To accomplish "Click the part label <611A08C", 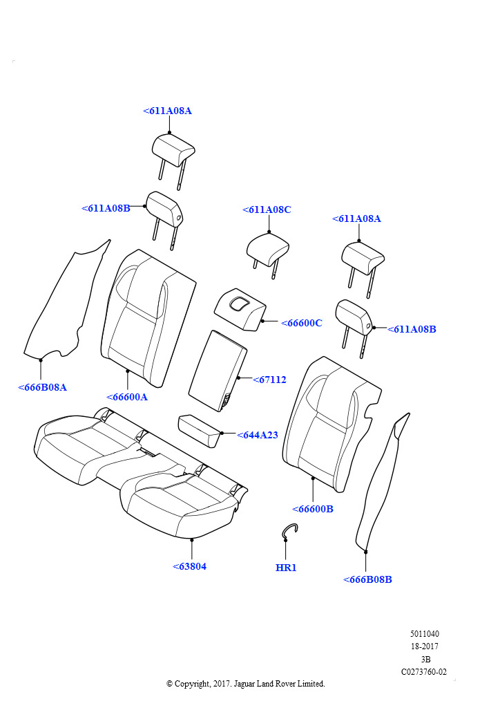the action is [x=267, y=209].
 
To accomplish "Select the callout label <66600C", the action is [x=301, y=323].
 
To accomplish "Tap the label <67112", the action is [x=269, y=380].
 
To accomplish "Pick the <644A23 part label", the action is [x=257, y=435].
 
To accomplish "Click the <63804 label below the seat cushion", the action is [x=189, y=566].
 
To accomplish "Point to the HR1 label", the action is [x=286, y=568].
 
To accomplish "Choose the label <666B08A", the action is [x=42, y=387].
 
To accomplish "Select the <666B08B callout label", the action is [x=367, y=579].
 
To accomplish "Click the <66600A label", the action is [x=126, y=397].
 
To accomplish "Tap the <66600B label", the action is [x=312, y=509].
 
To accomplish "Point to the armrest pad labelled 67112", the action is [x=218, y=371].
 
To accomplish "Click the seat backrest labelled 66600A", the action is [x=148, y=318].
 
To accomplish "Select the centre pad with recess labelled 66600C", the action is [x=240, y=310].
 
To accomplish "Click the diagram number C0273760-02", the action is [x=424, y=672].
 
